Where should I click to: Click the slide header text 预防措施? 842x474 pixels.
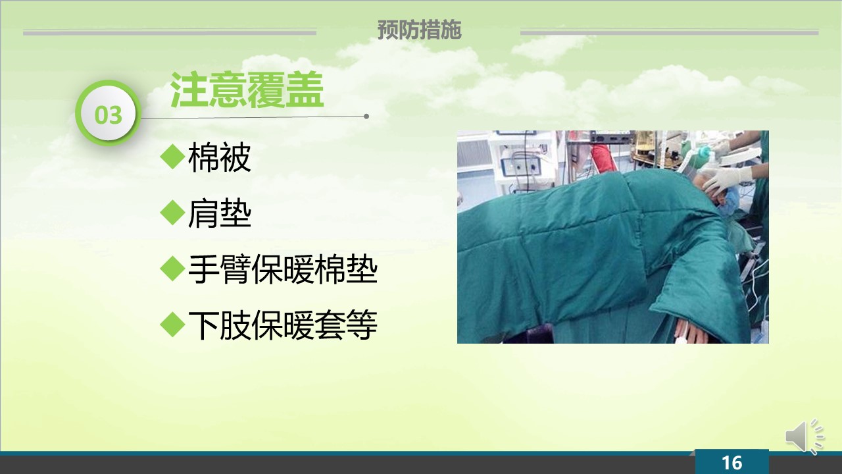point(419,30)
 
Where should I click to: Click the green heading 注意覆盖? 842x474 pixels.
point(247,90)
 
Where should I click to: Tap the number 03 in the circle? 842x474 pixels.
point(109,115)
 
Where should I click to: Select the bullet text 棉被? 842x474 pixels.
point(220,157)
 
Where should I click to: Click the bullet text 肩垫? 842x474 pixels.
point(220,213)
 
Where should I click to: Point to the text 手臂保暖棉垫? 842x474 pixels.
point(283,269)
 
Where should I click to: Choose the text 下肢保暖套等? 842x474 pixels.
point(283,325)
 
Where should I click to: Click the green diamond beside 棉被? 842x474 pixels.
point(172,157)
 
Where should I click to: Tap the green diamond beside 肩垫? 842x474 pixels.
point(172,213)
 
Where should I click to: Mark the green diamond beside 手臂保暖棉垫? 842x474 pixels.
point(172,269)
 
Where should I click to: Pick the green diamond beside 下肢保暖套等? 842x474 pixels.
point(172,325)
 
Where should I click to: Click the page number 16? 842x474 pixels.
point(731,463)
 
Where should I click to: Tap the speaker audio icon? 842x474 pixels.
point(805,437)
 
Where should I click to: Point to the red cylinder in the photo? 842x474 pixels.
point(603,158)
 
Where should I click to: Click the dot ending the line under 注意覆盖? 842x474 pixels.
point(366,117)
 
